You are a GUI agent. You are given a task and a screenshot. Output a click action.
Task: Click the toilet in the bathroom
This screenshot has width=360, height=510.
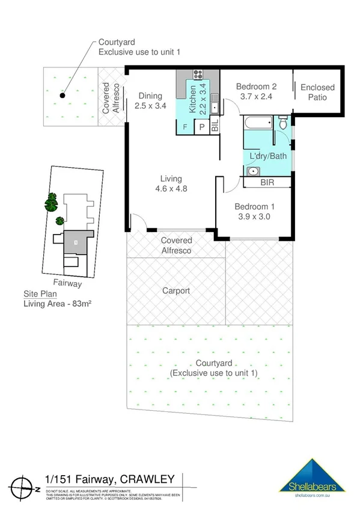coord(283,123)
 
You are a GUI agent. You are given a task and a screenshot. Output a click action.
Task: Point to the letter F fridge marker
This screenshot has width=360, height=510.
coord(184,127)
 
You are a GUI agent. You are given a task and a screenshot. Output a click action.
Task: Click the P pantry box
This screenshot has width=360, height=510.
coord(202,127)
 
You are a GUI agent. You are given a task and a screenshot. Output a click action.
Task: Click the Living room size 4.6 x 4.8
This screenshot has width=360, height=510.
coord(171,188)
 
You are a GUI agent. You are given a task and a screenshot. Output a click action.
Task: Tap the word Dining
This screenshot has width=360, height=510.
coord(150,96)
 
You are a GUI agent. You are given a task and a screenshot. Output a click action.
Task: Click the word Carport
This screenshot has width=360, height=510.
coord(176,290)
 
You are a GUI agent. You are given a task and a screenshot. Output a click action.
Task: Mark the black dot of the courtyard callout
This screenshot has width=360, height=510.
coord(62,94)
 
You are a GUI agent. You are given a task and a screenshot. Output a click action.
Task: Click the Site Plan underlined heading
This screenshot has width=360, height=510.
coord(38,294)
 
